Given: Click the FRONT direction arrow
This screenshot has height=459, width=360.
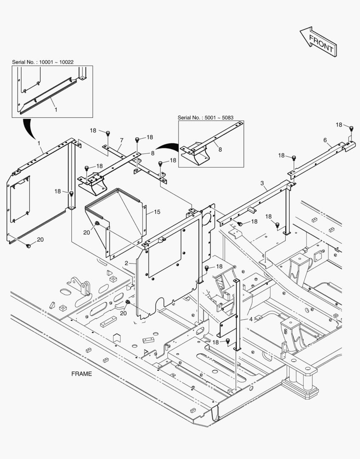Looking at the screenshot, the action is (318, 42).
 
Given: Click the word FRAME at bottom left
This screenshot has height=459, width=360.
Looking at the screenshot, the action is (81, 374).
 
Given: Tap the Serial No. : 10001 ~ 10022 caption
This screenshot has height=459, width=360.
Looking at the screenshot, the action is (43, 62).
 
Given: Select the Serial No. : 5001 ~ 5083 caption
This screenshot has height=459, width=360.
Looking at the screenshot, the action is (205, 118).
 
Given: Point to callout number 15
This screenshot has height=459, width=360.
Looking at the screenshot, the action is (157, 212).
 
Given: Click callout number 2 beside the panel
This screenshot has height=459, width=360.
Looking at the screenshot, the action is (126, 263).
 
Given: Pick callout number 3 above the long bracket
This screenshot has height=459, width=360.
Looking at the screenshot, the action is (262, 183).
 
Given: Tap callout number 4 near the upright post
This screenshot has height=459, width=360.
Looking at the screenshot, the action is (251, 319).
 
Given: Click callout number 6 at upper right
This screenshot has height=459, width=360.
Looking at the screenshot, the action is (325, 140).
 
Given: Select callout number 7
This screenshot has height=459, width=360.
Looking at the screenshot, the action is (122, 140).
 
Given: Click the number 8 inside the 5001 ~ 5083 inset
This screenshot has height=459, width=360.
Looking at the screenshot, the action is (220, 150).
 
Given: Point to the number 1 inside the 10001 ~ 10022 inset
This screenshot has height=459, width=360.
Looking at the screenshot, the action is (56, 110).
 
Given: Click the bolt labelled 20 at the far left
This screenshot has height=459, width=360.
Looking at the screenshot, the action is (28, 246).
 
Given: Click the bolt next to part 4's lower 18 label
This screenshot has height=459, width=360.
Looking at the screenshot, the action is (228, 341).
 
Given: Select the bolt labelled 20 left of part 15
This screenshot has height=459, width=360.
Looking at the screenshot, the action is (97, 224).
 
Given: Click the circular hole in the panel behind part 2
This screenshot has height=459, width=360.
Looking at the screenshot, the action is (207, 219).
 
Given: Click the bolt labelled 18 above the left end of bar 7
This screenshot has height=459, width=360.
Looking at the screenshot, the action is (108, 133).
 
